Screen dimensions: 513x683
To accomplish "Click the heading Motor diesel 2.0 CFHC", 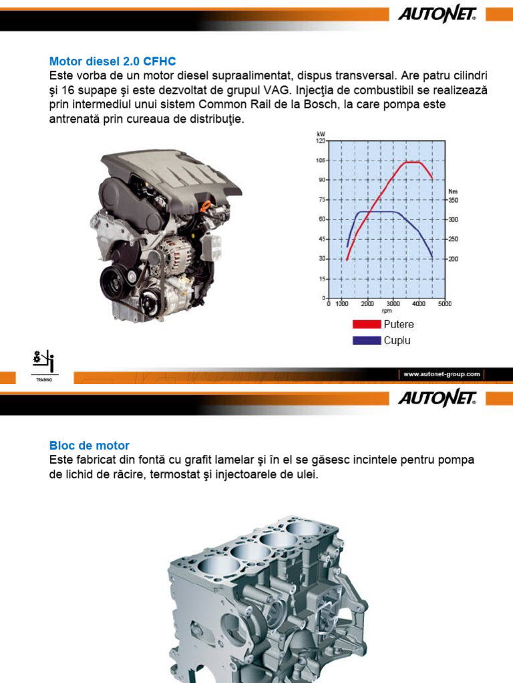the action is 112,61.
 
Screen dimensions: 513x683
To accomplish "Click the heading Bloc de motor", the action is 90,446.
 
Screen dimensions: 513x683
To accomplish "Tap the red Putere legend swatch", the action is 367,325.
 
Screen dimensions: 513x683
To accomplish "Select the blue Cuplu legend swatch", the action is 367,340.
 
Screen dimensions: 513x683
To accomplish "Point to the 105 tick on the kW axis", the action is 320,161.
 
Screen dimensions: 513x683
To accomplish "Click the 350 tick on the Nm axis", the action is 454,200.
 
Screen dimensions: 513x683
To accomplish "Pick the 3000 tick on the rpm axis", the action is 393,303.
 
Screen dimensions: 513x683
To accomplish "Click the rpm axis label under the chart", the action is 387,311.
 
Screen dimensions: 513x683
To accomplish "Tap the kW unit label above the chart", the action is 321,135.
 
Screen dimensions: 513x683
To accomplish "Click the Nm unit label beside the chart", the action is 453,191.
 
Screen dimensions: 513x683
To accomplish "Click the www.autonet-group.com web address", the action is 442,374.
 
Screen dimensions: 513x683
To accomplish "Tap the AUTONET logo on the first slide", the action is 436,15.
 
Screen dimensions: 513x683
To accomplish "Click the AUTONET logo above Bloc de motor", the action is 436,399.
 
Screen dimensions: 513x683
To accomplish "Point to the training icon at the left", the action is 44,365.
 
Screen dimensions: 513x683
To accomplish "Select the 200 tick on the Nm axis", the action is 454,259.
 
